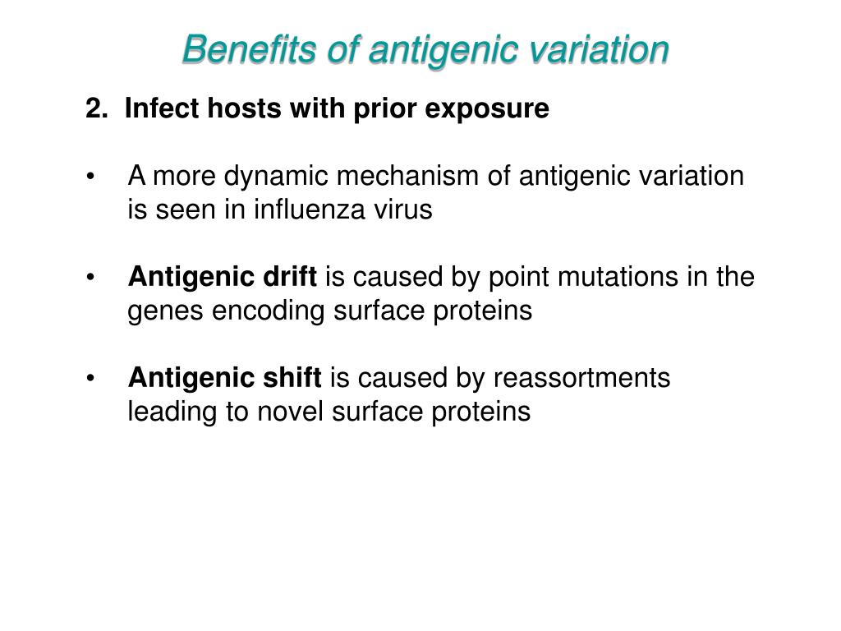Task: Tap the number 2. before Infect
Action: pyautogui.click(x=97, y=108)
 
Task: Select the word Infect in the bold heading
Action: pyautogui.click(x=159, y=108)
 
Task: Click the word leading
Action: pyautogui.click(x=172, y=412)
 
